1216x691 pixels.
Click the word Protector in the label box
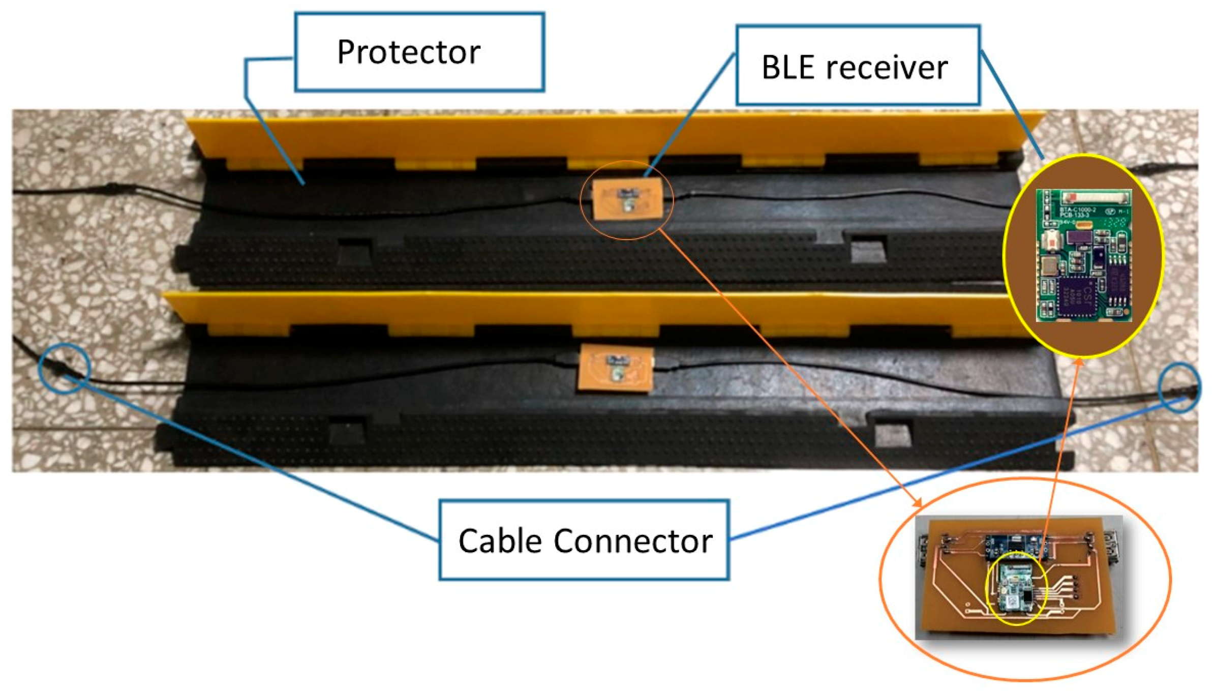tap(408, 52)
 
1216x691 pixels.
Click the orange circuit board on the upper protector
tap(628, 200)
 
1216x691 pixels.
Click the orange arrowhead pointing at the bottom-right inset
tap(918, 503)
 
